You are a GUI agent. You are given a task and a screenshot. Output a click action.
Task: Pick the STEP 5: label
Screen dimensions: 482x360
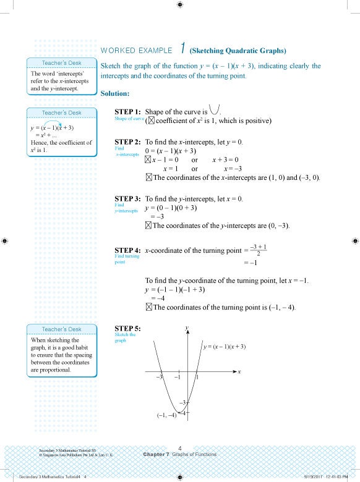pos(127,328)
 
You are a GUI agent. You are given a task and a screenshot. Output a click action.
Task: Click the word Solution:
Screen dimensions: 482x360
pos(114,93)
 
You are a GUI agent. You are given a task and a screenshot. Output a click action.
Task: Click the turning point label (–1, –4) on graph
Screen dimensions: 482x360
pos(166,415)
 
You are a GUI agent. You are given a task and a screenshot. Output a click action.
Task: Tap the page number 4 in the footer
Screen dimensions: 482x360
pos(179,447)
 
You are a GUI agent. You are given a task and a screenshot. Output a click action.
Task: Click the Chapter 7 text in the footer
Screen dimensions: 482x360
pos(156,455)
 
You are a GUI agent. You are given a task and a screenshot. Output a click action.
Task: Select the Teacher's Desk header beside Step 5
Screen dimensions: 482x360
pos(61,329)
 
